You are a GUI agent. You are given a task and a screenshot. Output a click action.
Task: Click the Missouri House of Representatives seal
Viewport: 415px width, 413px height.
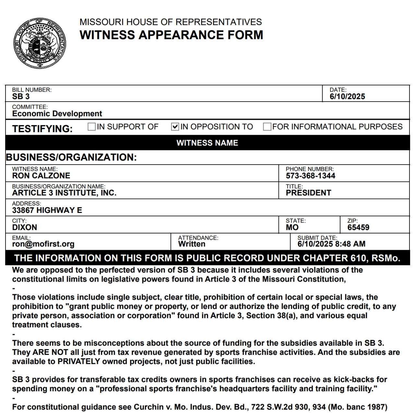(x=40, y=43)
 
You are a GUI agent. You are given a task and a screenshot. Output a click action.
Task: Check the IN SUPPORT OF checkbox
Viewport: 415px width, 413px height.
(x=92, y=127)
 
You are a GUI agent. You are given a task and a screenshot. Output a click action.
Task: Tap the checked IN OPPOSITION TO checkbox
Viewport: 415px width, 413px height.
(x=175, y=127)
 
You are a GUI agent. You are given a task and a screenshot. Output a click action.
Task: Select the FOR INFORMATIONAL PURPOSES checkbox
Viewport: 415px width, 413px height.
(x=267, y=127)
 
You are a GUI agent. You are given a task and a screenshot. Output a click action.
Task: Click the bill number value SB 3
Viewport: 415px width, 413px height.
(x=21, y=97)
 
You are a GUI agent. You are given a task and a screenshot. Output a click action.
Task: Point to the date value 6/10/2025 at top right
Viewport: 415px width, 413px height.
(x=347, y=97)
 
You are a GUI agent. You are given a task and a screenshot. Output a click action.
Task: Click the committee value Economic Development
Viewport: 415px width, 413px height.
(x=57, y=114)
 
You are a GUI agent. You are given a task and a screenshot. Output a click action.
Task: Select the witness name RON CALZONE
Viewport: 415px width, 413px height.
(x=41, y=176)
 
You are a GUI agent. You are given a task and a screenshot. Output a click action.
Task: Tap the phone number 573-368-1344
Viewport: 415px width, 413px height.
(x=310, y=176)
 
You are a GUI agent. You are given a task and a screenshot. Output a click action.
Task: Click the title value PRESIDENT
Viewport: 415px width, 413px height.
(x=308, y=193)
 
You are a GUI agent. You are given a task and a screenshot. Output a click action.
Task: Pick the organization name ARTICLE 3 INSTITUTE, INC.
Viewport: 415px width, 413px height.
(x=64, y=193)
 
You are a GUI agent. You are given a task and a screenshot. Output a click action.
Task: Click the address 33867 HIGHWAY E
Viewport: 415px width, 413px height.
(x=47, y=210)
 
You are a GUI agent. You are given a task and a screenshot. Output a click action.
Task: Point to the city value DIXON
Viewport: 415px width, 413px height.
(x=25, y=227)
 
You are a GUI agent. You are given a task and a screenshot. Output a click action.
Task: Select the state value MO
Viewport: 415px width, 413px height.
(x=292, y=227)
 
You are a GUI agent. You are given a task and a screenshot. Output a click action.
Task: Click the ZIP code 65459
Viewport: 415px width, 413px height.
(x=358, y=227)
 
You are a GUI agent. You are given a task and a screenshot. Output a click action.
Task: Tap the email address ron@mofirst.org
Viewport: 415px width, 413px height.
(x=43, y=244)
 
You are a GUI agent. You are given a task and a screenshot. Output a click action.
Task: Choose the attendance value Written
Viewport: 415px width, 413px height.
(x=192, y=244)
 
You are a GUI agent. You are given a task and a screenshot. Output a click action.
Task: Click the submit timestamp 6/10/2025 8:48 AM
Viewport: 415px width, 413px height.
(x=331, y=244)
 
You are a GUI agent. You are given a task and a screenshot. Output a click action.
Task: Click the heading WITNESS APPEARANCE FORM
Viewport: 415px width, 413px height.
(x=171, y=35)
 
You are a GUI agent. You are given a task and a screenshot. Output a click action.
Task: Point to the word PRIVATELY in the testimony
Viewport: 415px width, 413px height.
(x=79, y=361)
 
